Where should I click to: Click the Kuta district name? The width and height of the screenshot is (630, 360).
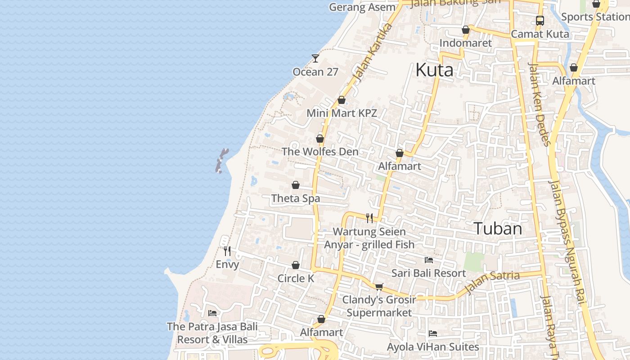point(434,70)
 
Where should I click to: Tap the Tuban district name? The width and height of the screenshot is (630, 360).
point(498,229)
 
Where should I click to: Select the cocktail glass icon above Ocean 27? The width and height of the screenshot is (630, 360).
point(315,58)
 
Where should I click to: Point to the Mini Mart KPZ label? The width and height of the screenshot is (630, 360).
point(342,113)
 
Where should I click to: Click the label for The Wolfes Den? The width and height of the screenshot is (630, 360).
point(320,152)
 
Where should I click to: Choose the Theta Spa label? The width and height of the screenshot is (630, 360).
point(296,198)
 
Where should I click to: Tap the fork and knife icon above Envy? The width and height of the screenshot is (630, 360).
point(227,251)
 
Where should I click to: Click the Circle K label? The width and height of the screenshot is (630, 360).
point(296,279)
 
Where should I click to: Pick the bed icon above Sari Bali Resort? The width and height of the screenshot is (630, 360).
point(429,260)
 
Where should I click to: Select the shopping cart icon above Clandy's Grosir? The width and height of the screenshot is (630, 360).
point(379,287)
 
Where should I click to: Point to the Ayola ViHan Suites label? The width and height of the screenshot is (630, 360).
point(433,347)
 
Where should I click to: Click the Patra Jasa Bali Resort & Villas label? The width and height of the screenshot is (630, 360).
point(212,333)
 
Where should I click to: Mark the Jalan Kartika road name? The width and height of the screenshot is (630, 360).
point(373,53)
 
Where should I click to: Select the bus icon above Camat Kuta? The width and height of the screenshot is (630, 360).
point(540,20)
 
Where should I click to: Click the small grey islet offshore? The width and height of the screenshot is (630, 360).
point(221,161)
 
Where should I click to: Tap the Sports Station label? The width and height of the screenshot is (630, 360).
point(595,17)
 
